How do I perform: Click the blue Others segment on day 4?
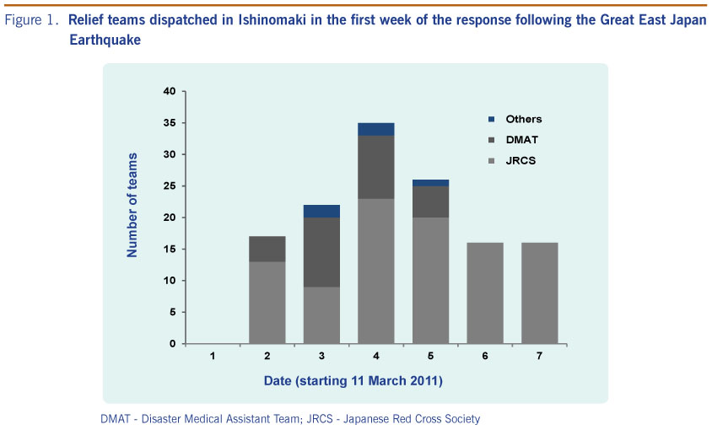click(x=375, y=129)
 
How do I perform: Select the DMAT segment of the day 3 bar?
click(x=321, y=252)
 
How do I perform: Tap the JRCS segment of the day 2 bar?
click(x=267, y=303)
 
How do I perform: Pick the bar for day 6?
click(x=485, y=293)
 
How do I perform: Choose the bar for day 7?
click(x=539, y=293)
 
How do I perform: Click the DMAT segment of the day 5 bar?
click(x=430, y=202)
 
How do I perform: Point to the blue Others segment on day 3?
click(x=321, y=211)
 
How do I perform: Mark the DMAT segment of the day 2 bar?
click(x=267, y=249)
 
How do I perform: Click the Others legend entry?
click(x=523, y=119)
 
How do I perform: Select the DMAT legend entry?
click(x=521, y=139)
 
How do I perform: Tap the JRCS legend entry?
click(x=521, y=160)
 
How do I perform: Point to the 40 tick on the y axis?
click(x=170, y=91)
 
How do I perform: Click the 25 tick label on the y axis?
click(x=170, y=185)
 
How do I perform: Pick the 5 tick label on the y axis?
click(x=173, y=312)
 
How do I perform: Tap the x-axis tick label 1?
click(x=213, y=357)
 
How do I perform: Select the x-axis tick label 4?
click(x=375, y=357)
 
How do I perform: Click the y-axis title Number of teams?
click(x=132, y=217)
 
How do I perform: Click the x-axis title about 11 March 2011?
click(x=353, y=381)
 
